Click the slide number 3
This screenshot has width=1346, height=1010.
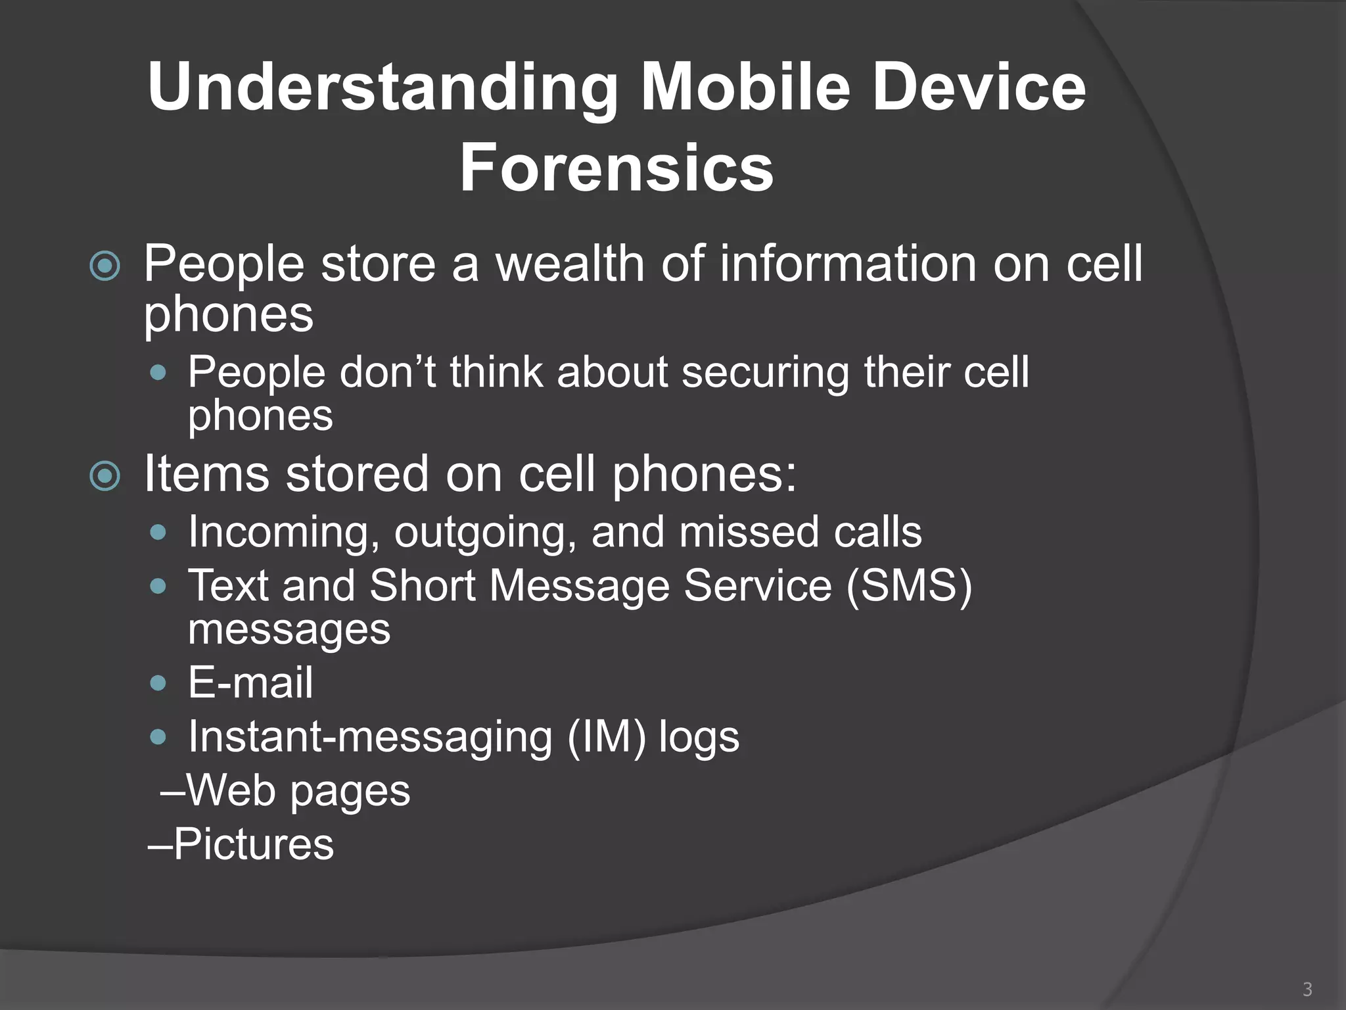[1307, 989]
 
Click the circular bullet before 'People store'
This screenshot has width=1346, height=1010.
[105, 266]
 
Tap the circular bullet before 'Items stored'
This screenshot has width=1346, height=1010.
[105, 476]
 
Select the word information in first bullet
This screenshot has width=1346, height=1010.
[848, 264]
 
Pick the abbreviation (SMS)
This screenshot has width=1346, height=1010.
[909, 585]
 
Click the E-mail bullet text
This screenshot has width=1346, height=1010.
[250, 682]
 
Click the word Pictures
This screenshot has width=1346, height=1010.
[253, 844]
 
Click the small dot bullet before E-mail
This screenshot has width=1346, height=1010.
[158, 683]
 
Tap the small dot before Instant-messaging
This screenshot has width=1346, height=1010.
[158, 737]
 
